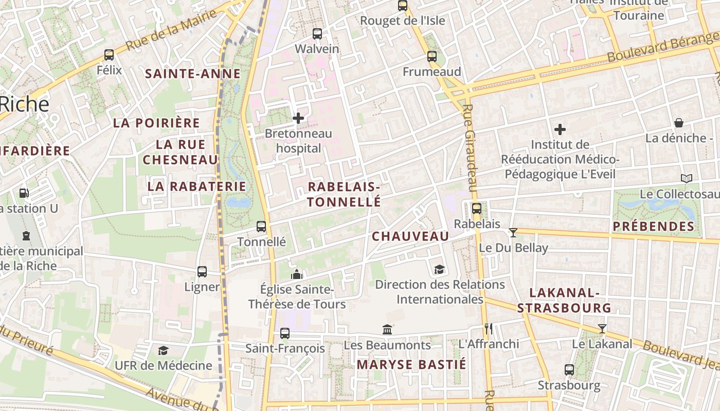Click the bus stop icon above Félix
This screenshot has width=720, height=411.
pyautogui.click(x=109, y=54)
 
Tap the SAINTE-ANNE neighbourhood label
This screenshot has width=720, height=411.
pyautogui.click(x=193, y=73)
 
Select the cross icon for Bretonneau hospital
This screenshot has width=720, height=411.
pyautogui.click(x=298, y=118)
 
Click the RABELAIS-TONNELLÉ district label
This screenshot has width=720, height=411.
pyautogui.click(x=344, y=194)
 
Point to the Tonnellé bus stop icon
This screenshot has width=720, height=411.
pyautogui.click(x=261, y=226)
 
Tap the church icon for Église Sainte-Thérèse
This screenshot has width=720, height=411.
pyautogui.click(x=297, y=275)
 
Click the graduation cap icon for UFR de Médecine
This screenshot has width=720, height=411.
pyautogui.click(x=163, y=350)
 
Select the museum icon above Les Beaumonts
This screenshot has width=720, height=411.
pyautogui.click(x=387, y=329)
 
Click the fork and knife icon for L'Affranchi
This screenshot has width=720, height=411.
pyautogui.click(x=489, y=328)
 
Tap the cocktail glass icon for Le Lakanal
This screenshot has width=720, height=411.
pyautogui.click(x=602, y=328)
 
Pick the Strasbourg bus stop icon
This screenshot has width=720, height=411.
pyautogui.click(x=569, y=369)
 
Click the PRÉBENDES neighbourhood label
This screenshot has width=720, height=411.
pyautogui.click(x=653, y=226)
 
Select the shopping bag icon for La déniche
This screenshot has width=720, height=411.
pyautogui.click(x=679, y=123)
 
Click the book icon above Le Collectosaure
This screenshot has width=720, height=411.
pyautogui.click(x=686, y=178)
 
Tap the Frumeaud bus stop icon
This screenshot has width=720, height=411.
pyautogui.click(x=432, y=57)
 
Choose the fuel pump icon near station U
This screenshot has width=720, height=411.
pyautogui.click(x=24, y=193)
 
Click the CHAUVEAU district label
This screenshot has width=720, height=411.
pyautogui.click(x=410, y=236)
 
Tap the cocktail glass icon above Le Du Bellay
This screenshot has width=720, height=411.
pyautogui.click(x=513, y=232)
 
